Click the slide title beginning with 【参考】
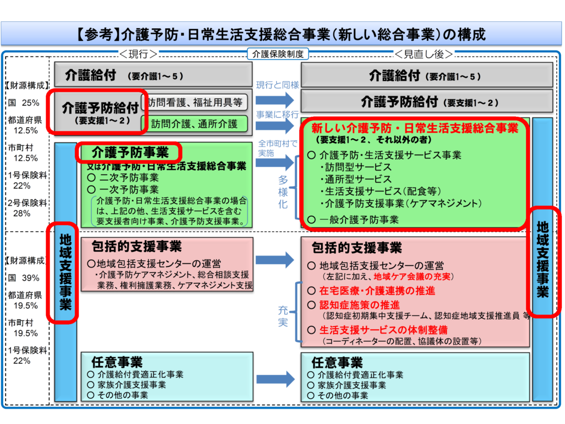tap(282, 35)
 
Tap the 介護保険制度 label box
tap(277, 54)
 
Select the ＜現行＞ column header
tap(139, 54)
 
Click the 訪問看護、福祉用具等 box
tap(194, 103)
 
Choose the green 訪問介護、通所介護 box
tap(194, 124)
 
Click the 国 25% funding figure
tap(24, 103)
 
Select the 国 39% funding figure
tap(24, 278)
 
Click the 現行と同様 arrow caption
tap(277, 85)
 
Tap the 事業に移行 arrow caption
tap(277, 114)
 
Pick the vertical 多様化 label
tap(282, 192)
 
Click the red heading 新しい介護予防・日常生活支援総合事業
tap(414, 128)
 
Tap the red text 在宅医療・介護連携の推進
tap(377, 291)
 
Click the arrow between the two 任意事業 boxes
tap(275, 380)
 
